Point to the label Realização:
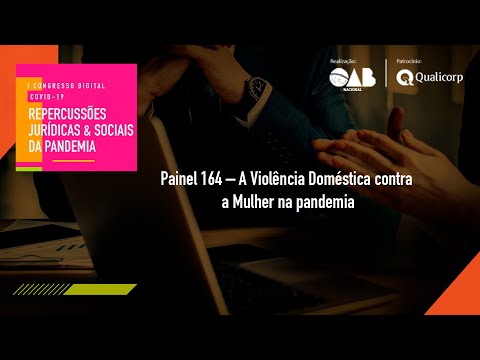pyautogui.click(x=343, y=62)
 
